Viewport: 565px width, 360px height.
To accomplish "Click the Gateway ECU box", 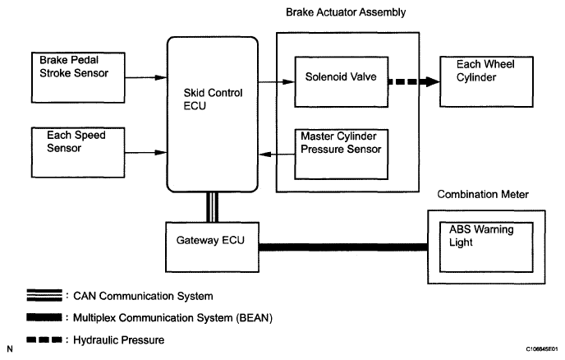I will (212, 246).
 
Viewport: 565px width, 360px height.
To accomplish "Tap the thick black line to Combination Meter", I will (343, 245).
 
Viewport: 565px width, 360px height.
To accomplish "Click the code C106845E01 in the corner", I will (536, 348).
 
